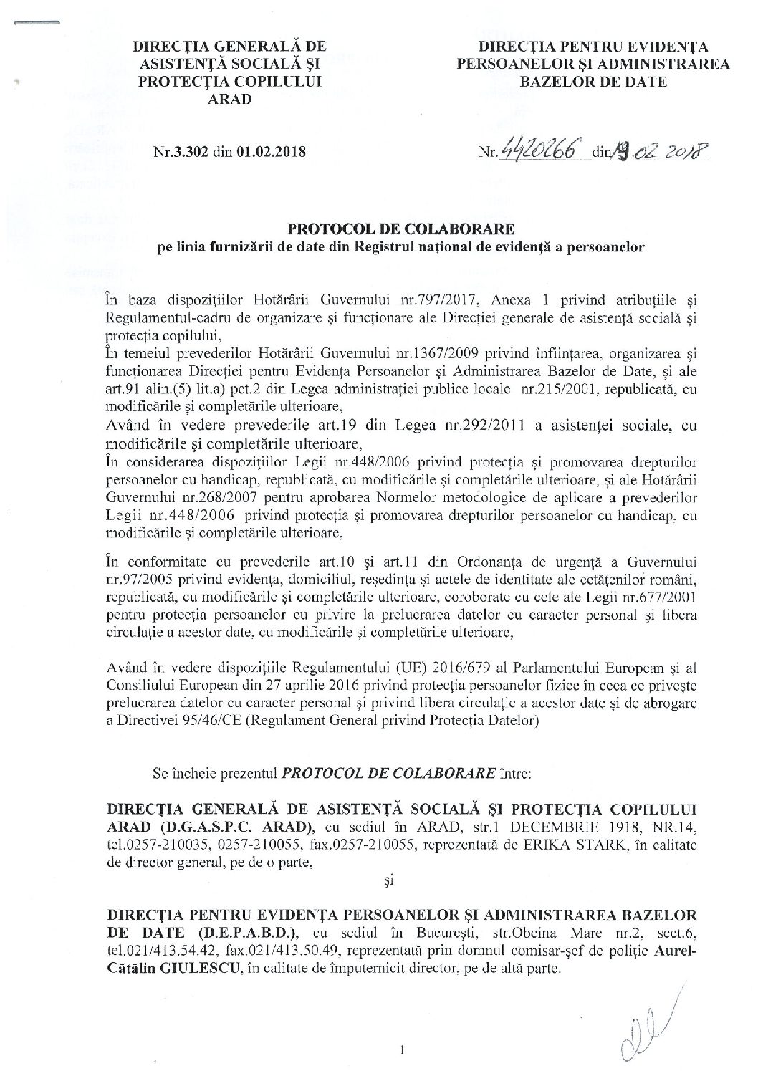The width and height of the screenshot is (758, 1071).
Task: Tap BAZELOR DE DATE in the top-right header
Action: tap(593, 82)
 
